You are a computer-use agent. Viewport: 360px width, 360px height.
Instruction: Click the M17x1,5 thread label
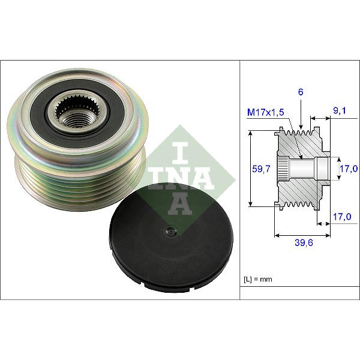point(265,112)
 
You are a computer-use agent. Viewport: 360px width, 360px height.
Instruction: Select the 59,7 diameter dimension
point(261,169)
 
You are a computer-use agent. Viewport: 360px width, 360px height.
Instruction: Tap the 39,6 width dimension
point(304,242)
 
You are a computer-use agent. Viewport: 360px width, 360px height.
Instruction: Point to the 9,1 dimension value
point(340,110)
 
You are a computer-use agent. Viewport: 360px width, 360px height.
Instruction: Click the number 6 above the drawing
point(301,92)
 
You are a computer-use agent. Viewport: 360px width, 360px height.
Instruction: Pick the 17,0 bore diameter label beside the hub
point(349,169)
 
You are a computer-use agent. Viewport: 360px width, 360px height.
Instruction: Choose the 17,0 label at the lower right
point(342,217)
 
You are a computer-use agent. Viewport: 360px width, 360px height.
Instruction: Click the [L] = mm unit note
point(258,279)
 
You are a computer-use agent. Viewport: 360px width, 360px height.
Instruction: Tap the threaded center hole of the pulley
point(73,120)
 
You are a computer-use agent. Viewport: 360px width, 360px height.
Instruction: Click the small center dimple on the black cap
point(169,231)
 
